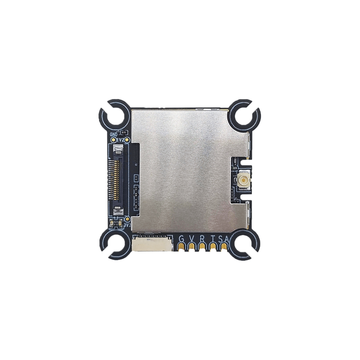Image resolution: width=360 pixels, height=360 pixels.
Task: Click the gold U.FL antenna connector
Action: click(241, 182)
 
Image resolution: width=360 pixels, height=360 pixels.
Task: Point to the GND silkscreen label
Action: click(113, 134)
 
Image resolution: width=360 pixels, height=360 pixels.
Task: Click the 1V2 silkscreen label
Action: click(120, 140)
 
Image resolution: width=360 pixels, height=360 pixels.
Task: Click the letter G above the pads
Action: click(182, 239)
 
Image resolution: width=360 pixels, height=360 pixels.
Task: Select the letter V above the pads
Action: click(192, 239)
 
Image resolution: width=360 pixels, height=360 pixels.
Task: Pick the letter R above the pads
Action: click(202, 239)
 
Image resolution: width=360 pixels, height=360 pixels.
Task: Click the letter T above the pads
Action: click(212, 239)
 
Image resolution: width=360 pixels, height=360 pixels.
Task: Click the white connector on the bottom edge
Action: click(153, 244)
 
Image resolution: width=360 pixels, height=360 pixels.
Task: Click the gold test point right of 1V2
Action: click(128, 140)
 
